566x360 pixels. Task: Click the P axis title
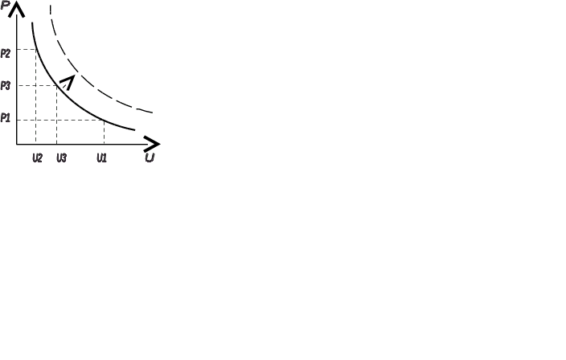coord(5,6)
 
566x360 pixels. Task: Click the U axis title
coord(150,158)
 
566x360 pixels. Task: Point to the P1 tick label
coord(6,118)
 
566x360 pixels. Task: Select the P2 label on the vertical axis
coord(6,53)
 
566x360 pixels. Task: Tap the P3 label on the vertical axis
coord(6,85)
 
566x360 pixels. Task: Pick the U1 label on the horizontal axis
coord(101,158)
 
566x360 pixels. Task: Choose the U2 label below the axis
coord(37,158)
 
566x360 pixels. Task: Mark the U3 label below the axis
coord(62,158)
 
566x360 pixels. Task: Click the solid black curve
coord(80,108)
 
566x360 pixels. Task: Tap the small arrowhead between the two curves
coord(69,80)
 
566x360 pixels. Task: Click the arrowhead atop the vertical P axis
coord(17,8)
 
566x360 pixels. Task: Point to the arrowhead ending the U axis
coord(153,144)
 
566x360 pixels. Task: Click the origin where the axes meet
coord(17,145)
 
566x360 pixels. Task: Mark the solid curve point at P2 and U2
coord(36,50)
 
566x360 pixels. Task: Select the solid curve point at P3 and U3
coord(56,85)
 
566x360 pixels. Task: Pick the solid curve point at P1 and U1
coord(103,121)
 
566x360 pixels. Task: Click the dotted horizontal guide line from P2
coord(27,50)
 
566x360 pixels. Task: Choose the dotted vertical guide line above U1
coord(103,133)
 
